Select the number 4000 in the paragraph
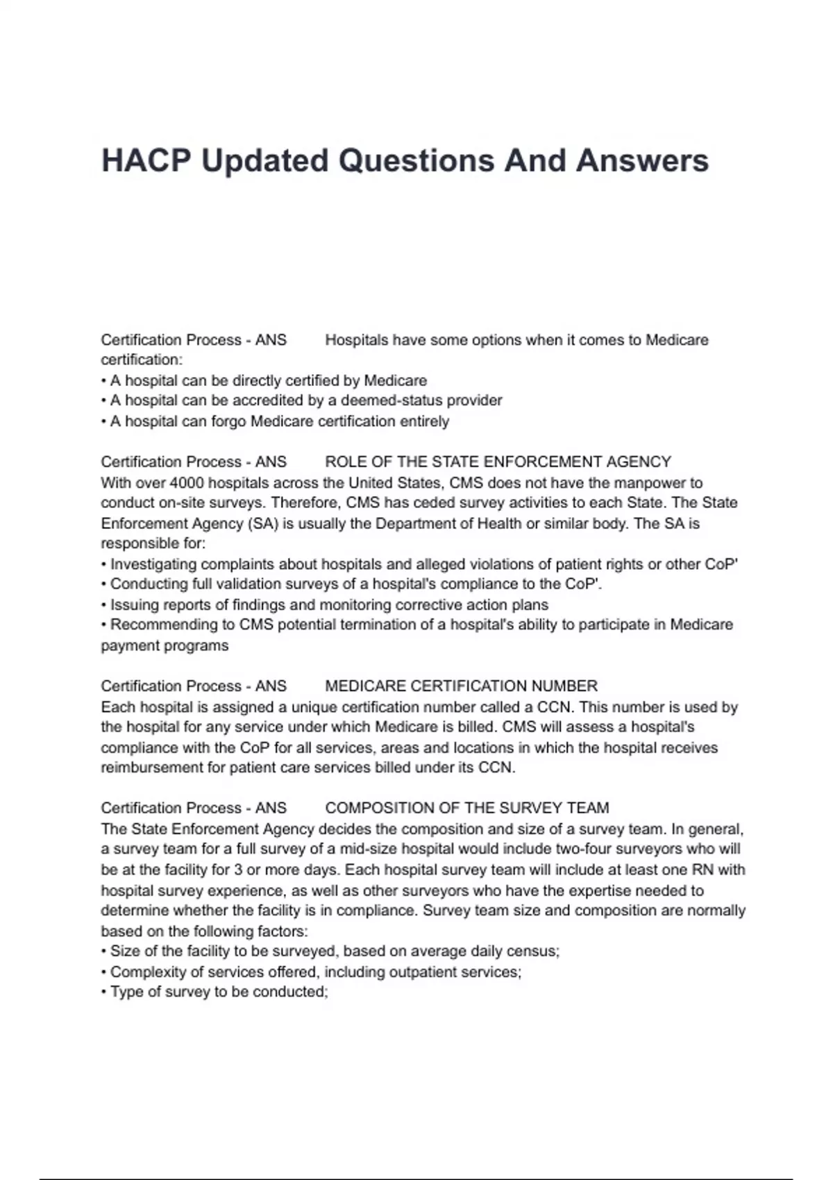pyautogui.click(x=187, y=482)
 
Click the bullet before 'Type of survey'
pyautogui.click(x=104, y=993)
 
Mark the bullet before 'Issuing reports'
pyautogui.click(x=104, y=605)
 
